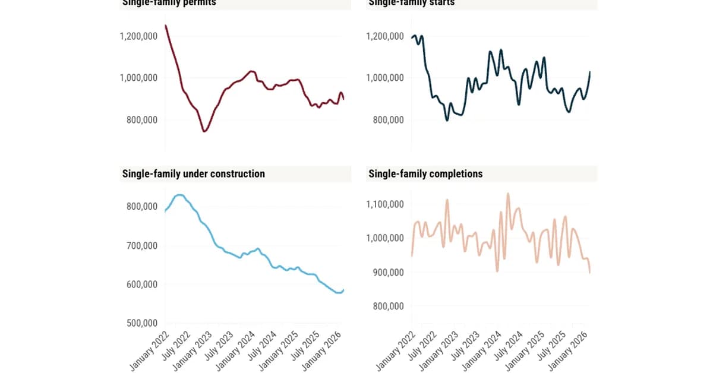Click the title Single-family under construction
193,173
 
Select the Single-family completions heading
425,173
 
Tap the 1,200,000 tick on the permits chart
138,36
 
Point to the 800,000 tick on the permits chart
142,120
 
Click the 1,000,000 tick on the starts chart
385,78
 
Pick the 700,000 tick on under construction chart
142,245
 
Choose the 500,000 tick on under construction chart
142,323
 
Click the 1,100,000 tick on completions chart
385,204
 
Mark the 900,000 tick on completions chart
389,272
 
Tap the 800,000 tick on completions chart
389,306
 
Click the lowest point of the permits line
204,131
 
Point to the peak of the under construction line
179,195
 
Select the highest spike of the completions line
508,193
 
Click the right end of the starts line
590,72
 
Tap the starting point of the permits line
165,25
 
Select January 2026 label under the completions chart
572,351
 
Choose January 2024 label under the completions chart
482,351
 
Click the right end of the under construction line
343,289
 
